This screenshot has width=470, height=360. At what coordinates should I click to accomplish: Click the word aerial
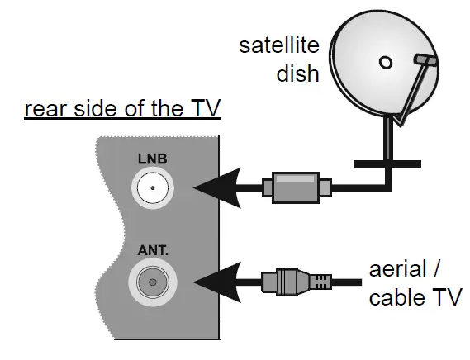398,268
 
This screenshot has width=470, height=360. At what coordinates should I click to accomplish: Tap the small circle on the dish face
385,63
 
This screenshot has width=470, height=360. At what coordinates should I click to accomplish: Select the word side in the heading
88,109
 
